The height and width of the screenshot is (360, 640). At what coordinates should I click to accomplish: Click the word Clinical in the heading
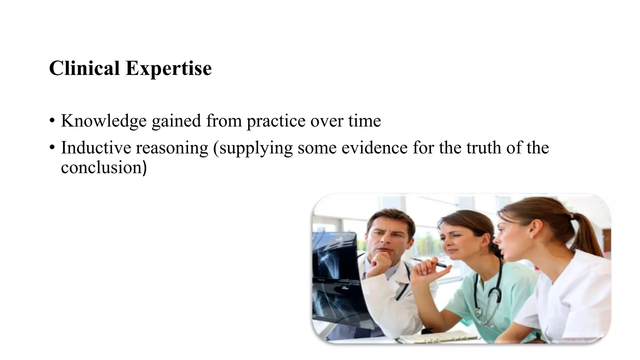click(x=84, y=68)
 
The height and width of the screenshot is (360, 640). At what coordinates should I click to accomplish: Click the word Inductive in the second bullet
click(x=96, y=148)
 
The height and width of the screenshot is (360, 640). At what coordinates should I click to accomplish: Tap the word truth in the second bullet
click(x=484, y=148)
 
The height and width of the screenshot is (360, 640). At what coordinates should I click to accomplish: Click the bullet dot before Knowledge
click(x=52, y=121)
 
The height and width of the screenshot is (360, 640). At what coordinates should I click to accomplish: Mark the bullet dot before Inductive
click(x=52, y=147)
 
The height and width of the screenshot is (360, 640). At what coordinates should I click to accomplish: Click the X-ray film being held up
click(x=334, y=275)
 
